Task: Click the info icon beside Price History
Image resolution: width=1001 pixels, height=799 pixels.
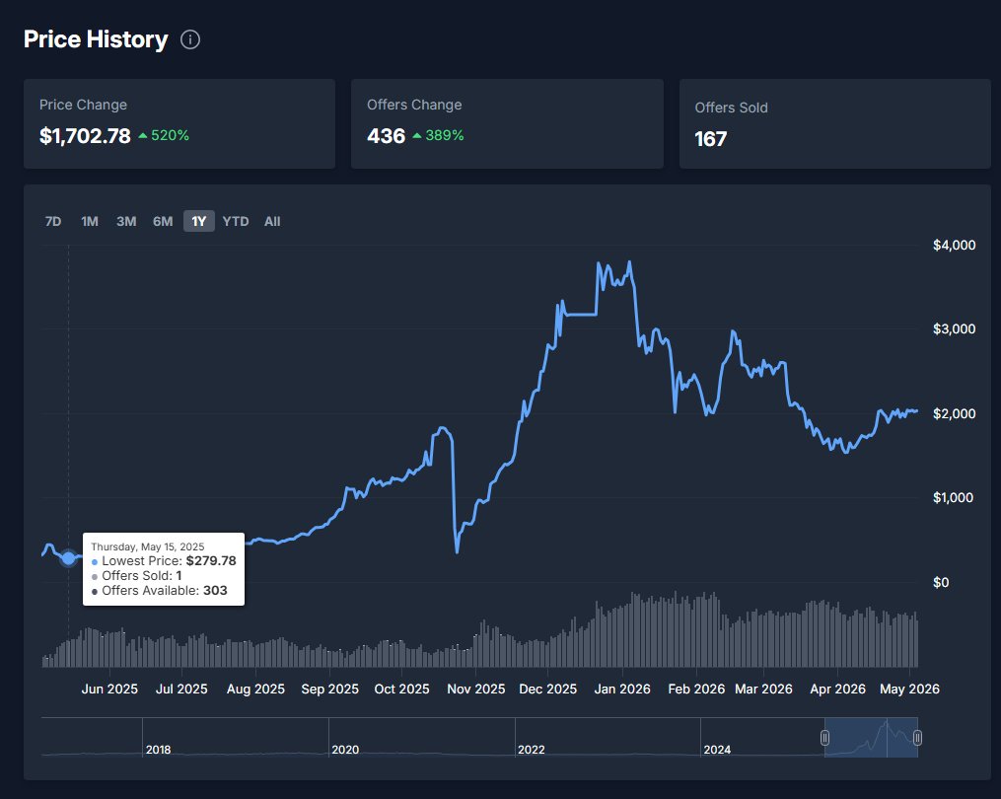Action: pos(190,39)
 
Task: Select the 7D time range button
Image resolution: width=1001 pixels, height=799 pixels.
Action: pos(53,222)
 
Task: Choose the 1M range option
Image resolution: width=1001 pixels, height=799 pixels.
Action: pos(90,222)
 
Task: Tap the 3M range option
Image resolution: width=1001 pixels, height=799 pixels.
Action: pos(126,222)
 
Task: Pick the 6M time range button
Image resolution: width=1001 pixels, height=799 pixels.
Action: pos(163,222)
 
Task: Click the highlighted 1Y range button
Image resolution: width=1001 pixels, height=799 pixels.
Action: pos(199,222)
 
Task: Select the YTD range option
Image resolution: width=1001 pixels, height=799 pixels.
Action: pos(236,222)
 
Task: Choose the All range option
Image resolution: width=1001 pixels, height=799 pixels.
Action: pos(272,222)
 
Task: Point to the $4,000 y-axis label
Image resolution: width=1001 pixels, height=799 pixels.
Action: pos(954,246)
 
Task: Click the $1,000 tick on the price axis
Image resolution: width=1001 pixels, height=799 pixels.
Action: pos(953,497)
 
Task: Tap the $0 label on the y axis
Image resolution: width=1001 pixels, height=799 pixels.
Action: pos(941,582)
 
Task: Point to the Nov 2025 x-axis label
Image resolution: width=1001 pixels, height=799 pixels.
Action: pos(475,690)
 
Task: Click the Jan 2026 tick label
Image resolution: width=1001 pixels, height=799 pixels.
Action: pos(621,690)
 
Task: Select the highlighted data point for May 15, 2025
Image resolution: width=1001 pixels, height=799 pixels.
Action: pos(68,558)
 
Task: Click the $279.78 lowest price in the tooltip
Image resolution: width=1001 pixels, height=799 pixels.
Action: pos(211,560)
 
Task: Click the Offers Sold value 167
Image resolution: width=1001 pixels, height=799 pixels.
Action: pos(710,139)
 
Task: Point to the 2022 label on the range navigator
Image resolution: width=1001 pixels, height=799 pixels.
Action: pos(532,750)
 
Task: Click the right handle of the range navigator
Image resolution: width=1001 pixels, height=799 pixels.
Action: pos(917,738)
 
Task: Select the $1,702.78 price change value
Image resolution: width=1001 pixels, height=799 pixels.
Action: pos(85,136)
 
